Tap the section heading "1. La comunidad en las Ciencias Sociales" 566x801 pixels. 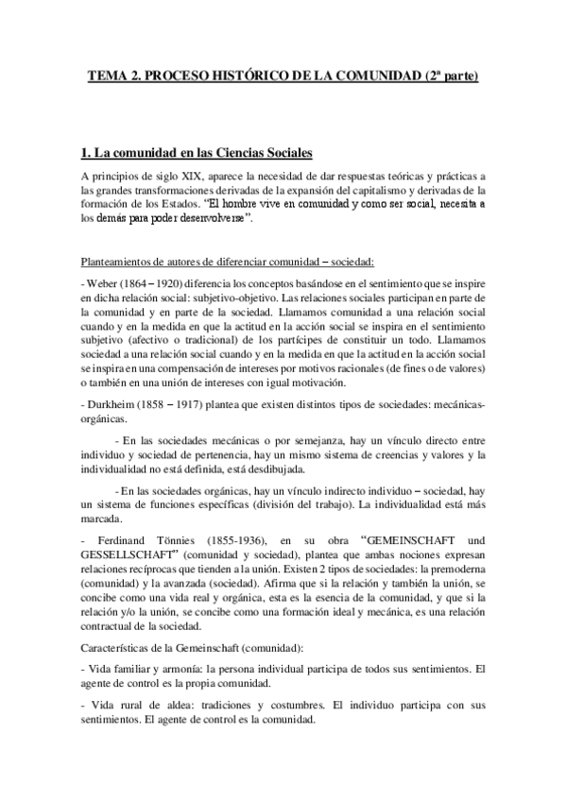(x=197, y=152)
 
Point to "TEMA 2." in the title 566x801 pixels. (x=115, y=76)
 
